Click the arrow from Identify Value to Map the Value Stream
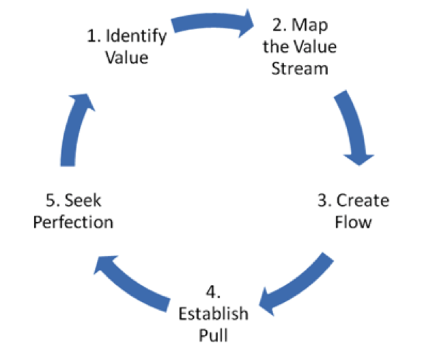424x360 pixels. [x=212, y=23]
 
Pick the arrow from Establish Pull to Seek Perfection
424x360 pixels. [x=133, y=280]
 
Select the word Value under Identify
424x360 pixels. [x=126, y=57]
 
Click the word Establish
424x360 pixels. [x=213, y=315]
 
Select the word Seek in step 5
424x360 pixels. [x=87, y=202]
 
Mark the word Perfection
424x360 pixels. [x=74, y=222]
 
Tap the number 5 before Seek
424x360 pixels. [x=49, y=202]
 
